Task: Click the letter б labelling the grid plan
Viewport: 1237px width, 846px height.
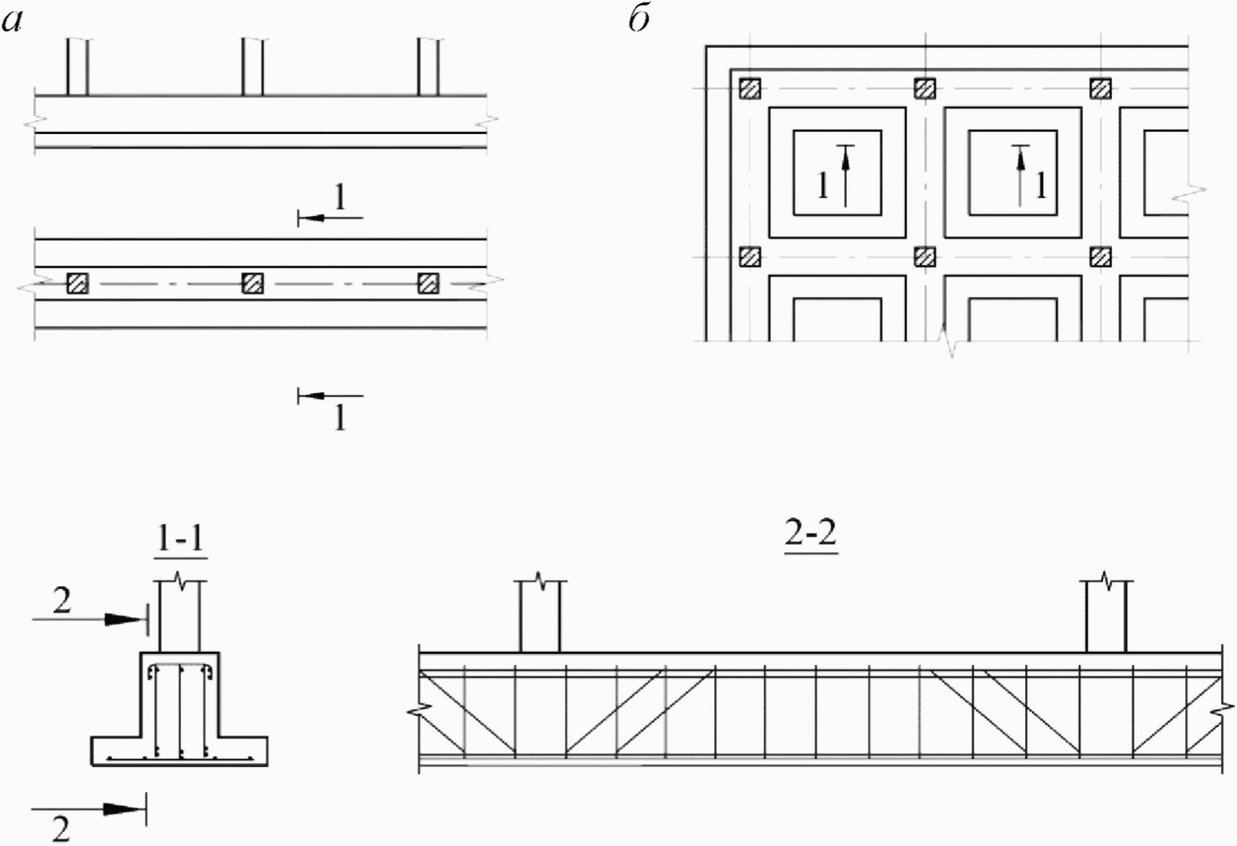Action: (x=639, y=20)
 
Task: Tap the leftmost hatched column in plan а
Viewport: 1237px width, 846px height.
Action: (x=78, y=284)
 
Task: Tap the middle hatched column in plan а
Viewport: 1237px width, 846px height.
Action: (x=253, y=284)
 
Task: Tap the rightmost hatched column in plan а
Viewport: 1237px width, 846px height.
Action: (x=429, y=284)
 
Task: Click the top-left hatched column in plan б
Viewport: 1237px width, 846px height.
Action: (x=750, y=89)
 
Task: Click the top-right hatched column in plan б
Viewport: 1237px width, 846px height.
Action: (x=1101, y=89)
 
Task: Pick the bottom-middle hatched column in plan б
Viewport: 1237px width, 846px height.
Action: (x=925, y=257)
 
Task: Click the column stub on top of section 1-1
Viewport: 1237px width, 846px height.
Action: (x=180, y=616)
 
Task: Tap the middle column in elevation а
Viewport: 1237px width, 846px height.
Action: (x=253, y=67)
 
